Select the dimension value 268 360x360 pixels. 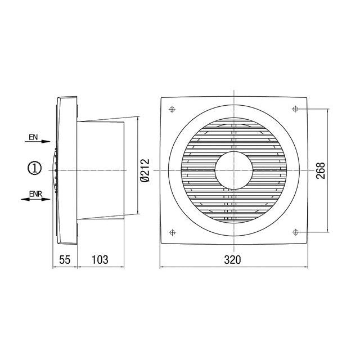pos(321,170)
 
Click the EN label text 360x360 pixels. pos(33,137)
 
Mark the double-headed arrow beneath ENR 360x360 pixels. pos(37,199)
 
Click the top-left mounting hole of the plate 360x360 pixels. pos(172,108)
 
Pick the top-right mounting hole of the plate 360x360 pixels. pos(295,108)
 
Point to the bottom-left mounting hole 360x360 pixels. pos(172,231)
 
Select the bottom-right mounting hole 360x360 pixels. pos(295,231)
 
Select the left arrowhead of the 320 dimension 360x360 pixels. pos(163,266)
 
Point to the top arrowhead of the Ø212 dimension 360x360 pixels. pos(138,120)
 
